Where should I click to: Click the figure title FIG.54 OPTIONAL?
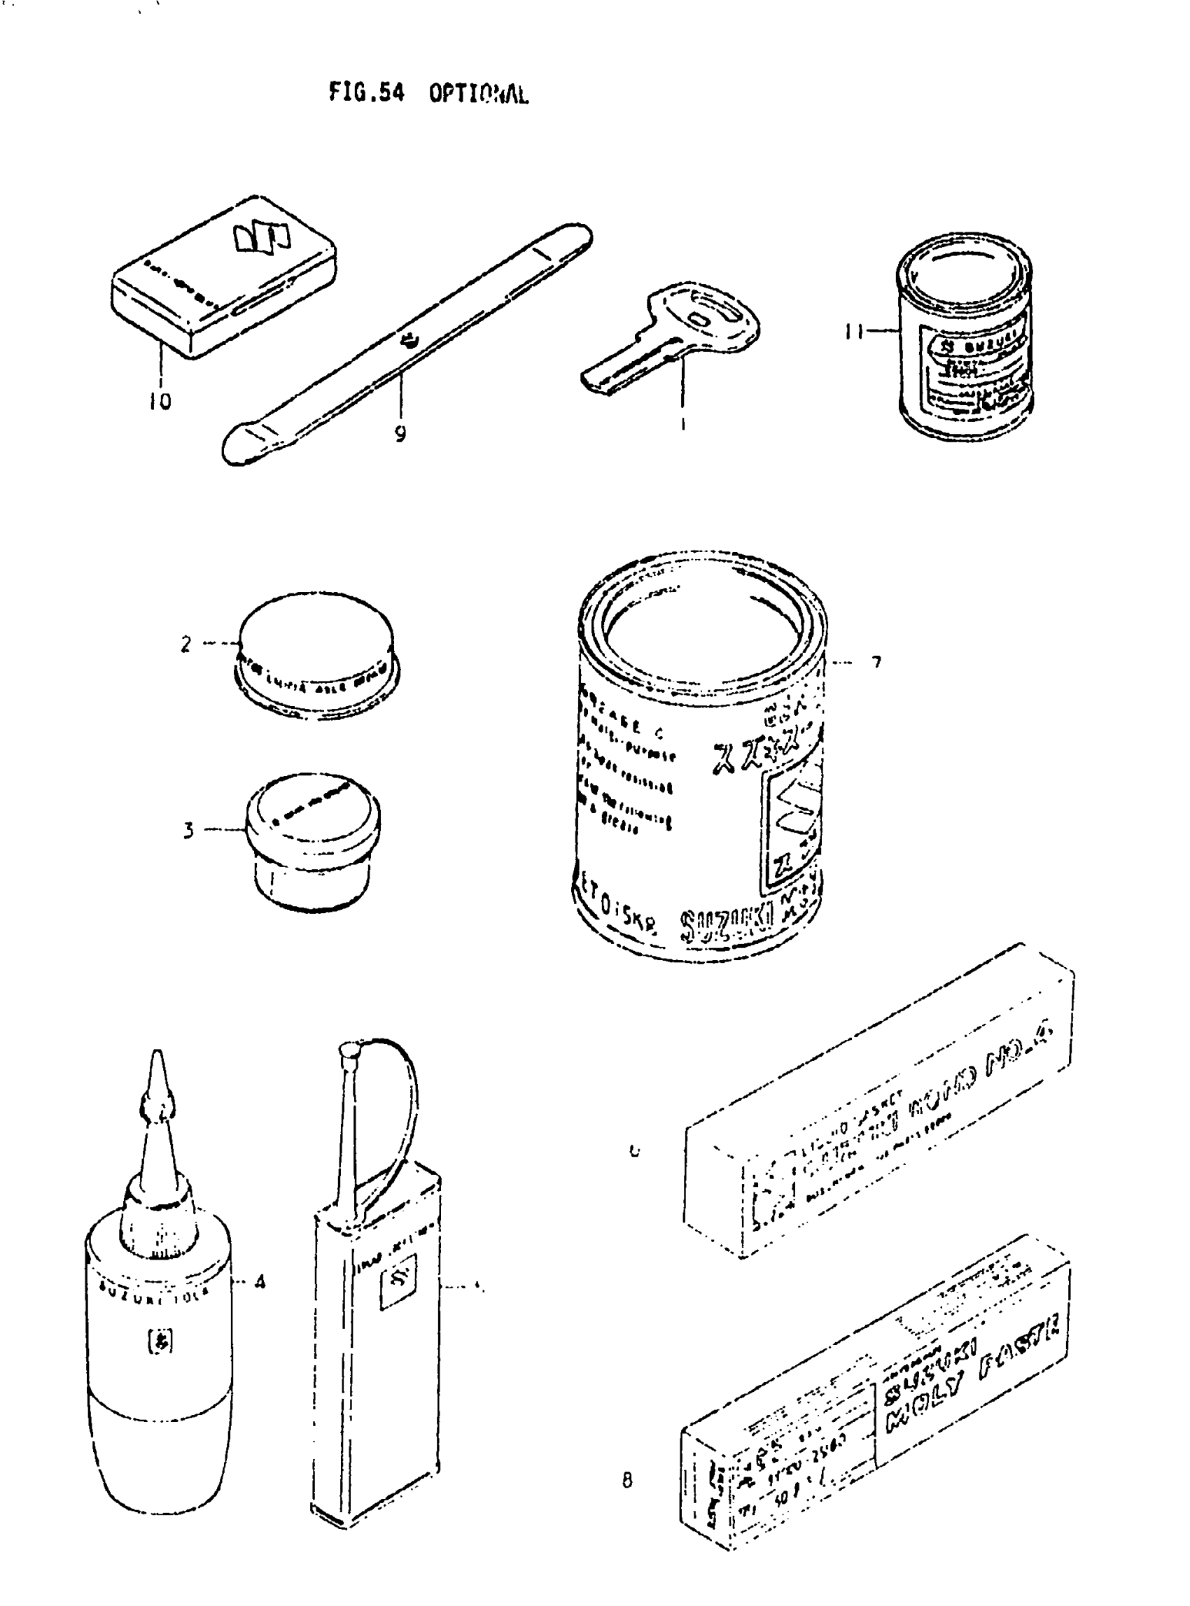(428, 93)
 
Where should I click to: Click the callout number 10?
(160, 400)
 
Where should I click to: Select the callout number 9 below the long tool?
(400, 434)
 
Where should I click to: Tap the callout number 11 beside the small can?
(854, 332)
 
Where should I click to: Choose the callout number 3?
(188, 831)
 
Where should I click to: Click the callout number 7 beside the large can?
(876, 662)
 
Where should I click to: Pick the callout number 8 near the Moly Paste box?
(627, 1481)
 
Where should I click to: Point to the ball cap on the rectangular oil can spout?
(349, 1052)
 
